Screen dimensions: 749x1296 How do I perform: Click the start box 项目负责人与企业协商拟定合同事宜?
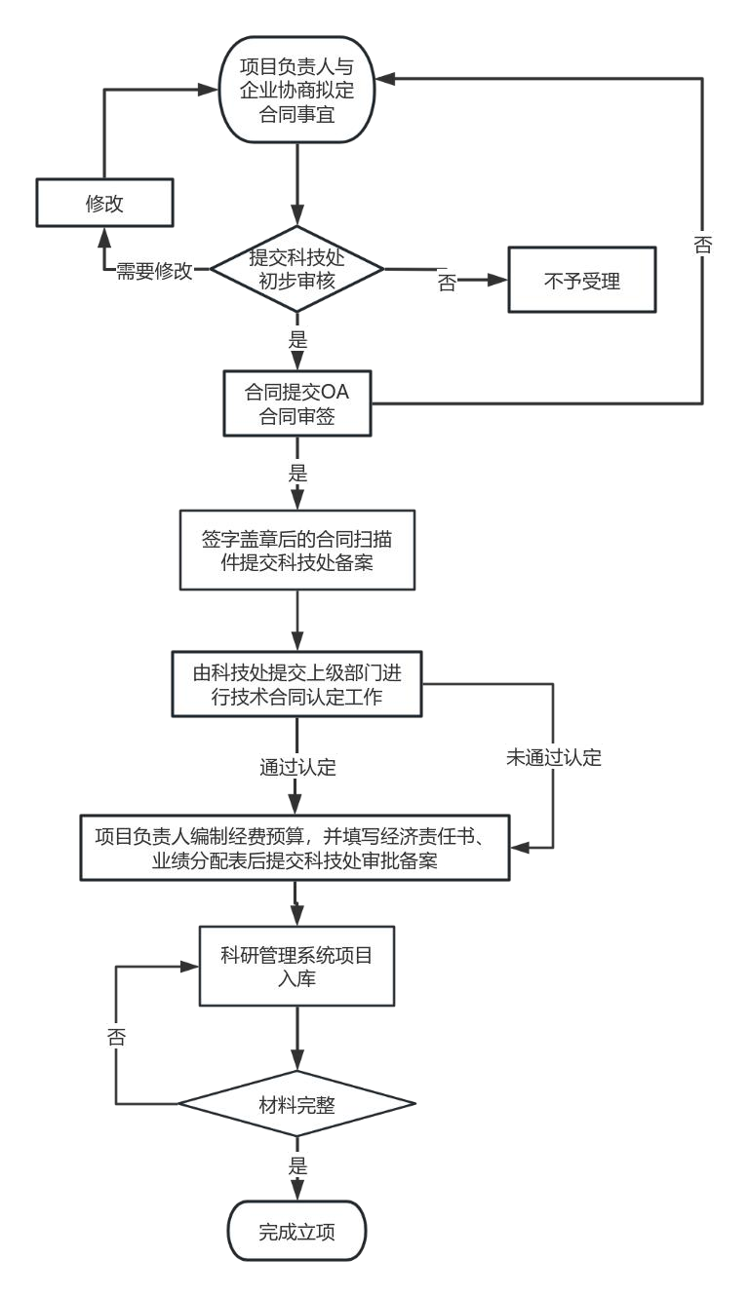(x=296, y=90)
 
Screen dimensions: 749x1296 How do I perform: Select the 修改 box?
(x=105, y=203)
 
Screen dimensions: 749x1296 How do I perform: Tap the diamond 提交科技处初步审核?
(x=296, y=269)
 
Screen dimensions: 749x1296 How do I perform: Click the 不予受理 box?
(x=582, y=280)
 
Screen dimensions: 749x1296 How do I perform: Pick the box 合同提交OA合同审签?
(x=297, y=403)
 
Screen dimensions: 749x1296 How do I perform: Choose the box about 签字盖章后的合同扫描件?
(x=297, y=551)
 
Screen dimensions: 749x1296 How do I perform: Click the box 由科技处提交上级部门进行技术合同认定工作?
(x=296, y=684)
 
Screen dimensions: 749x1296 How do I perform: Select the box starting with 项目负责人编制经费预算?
(x=295, y=848)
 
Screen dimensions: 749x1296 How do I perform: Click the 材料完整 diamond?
(x=296, y=1104)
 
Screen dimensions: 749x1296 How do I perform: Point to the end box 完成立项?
(x=296, y=1230)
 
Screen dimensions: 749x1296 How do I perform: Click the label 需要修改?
(x=154, y=271)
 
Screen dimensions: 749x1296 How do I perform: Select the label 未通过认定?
(x=554, y=757)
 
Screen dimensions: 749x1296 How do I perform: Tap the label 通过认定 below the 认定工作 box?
(x=297, y=768)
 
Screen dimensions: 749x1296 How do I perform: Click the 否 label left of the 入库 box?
(x=116, y=1037)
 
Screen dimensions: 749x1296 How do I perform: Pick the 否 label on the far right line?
(x=702, y=245)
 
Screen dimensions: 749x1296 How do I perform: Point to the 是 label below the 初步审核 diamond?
(x=297, y=340)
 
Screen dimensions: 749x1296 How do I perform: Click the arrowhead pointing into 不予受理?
(x=497, y=280)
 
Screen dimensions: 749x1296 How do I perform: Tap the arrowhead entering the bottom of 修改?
(x=105, y=237)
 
